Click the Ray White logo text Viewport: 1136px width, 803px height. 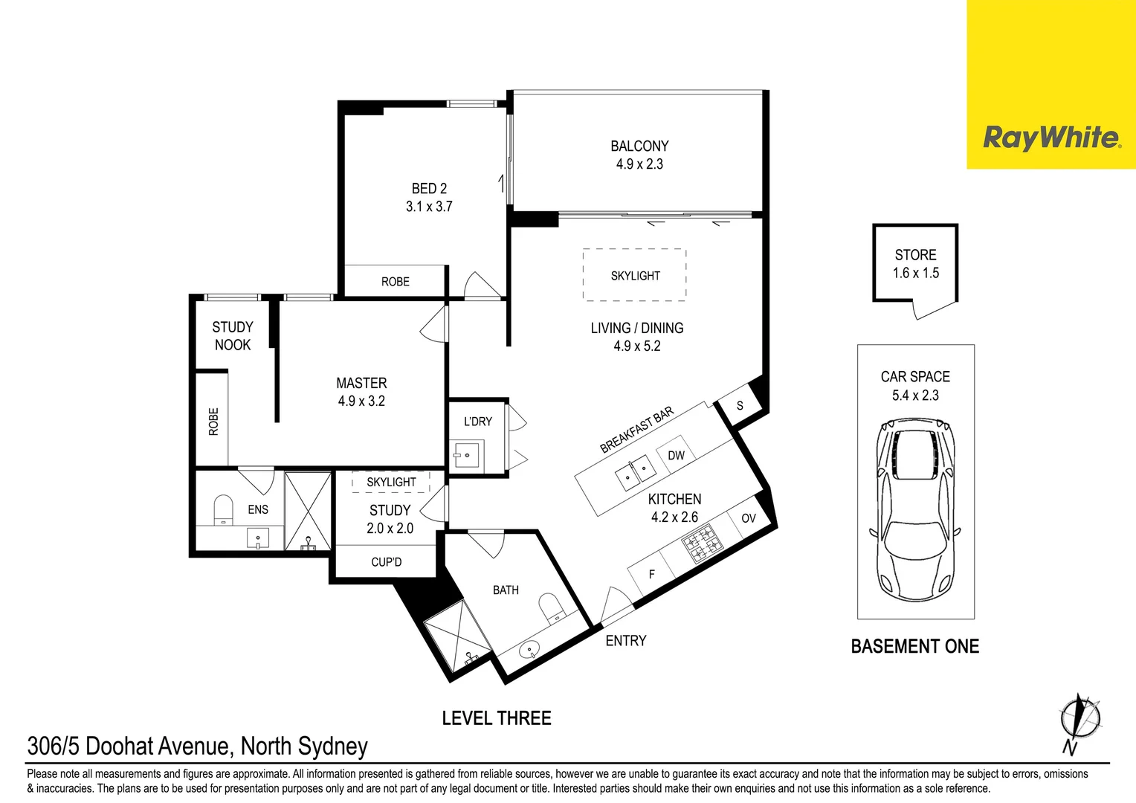(1052, 138)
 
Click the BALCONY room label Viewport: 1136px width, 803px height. (639, 146)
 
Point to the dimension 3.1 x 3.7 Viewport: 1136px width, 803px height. (429, 207)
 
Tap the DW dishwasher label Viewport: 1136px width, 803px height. (676, 455)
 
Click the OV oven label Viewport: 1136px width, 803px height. (749, 518)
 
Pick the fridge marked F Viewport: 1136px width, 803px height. (652, 574)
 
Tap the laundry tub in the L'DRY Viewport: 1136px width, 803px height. (466, 456)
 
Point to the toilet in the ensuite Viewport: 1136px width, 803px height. (223, 510)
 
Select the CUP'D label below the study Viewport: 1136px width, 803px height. (387, 562)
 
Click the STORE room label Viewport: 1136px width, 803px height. (915, 254)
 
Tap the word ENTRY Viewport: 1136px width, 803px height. (626, 641)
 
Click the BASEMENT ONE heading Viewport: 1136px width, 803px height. (915, 646)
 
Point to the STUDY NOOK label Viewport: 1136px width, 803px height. (232, 336)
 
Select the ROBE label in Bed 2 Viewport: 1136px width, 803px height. (395, 282)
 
